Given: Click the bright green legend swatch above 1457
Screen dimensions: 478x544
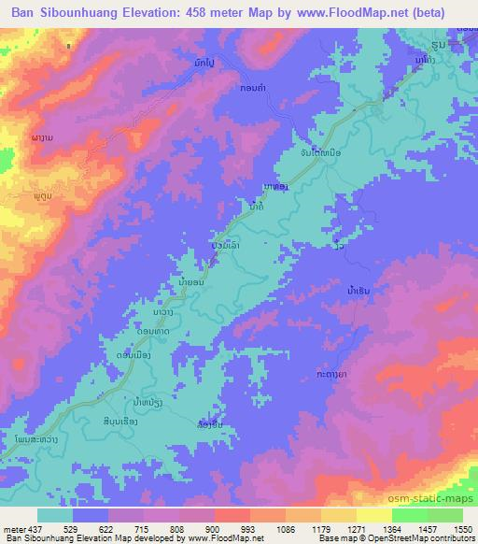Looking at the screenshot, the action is pyautogui.click(x=409, y=515).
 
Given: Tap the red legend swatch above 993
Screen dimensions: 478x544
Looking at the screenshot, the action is pyautogui.click(x=232, y=515).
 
